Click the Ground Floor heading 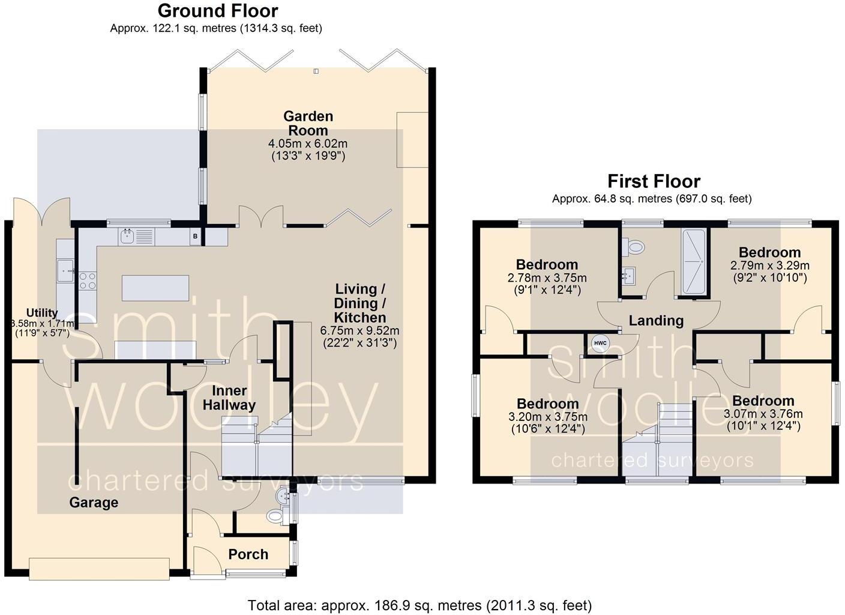click(217, 11)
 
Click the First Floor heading click(654, 181)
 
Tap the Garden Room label click(308, 123)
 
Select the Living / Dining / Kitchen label click(359, 303)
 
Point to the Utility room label click(41, 313)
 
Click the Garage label click(94, 502)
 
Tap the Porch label click(248, 554)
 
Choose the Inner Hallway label click(229, 398)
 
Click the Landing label click(656, 321)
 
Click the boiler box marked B click(195, 237)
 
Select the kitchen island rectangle click(155, 288)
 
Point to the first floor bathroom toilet click(633, 246)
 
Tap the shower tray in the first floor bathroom click(694, 262)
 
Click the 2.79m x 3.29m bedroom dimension click(769, 265)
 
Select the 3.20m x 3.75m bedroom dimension click(547, 417)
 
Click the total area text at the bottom click(419, 605)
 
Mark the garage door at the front click(99, 569)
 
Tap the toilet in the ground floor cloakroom click(277, 515)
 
